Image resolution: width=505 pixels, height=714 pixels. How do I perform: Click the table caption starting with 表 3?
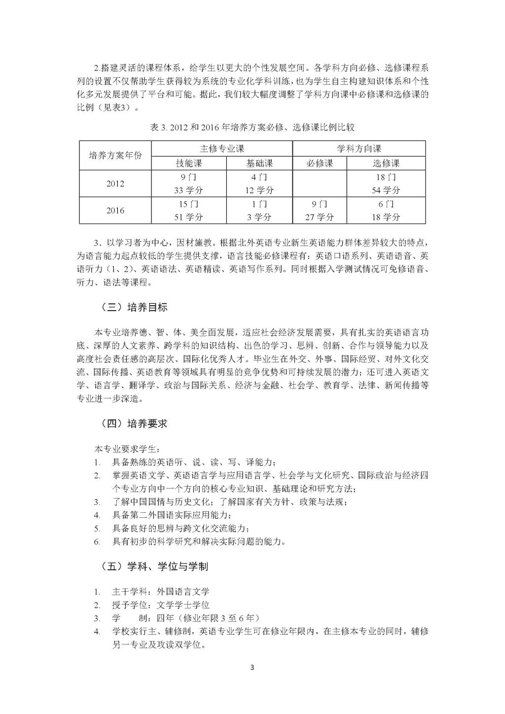tap(252, 127)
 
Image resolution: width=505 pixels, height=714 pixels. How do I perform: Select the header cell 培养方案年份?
tap(115, 155)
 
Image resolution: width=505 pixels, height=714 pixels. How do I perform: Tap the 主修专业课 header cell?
tap(222, 148)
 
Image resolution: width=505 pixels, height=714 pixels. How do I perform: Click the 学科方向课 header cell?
tap(359, 148)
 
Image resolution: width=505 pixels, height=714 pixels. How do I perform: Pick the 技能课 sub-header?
tap(189, 163)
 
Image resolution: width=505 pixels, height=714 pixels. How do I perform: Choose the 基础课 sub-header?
tap(259, 163)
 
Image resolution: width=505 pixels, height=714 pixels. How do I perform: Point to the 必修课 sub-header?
tap(320, 163)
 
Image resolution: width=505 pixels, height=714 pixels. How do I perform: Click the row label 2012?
tap(115, 184)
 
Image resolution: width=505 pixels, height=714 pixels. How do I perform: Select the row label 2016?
tap(115, 211)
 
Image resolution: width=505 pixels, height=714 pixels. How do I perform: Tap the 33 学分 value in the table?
tap(189, 190)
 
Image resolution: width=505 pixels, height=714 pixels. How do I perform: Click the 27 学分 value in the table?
tap(320, 217)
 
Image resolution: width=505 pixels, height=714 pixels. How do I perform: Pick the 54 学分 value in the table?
tap(386, 190)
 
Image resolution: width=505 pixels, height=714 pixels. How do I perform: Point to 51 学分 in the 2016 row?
tap(189, 217)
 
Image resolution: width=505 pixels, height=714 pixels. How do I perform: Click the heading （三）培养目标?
tap(134, 307)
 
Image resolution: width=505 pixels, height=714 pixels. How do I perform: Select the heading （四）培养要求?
tap(134, 424)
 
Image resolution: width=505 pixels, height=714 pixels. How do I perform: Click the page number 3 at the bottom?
tap(252, 668)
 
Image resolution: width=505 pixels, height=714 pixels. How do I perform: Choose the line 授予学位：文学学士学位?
tap(161, 605)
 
